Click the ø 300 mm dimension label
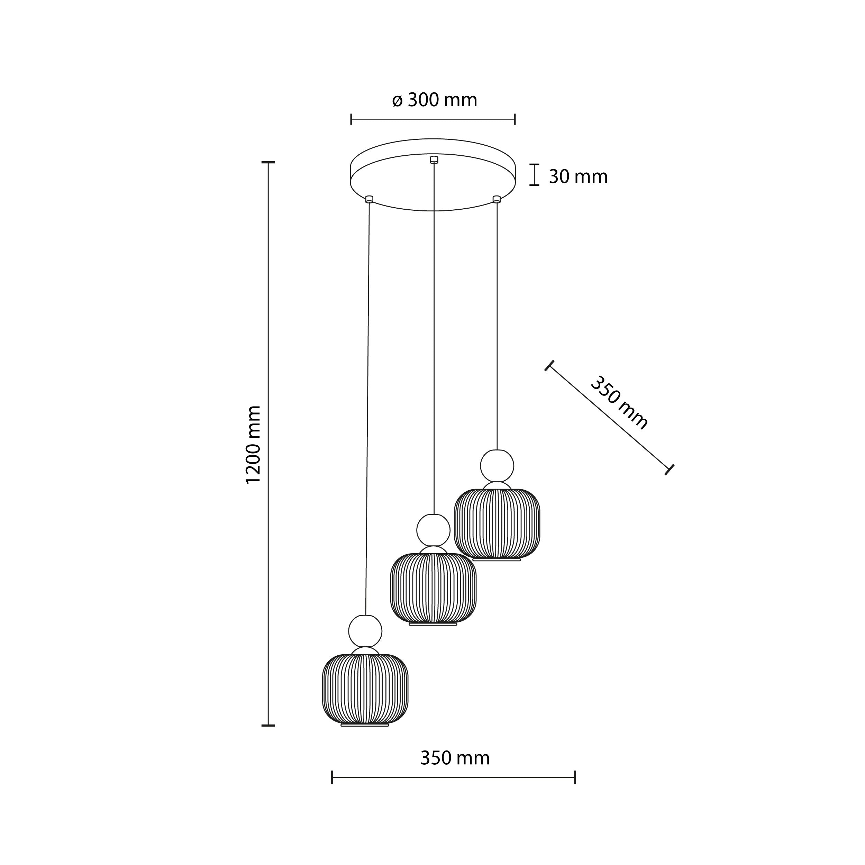click(434, 100)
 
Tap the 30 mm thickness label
click(578, 177)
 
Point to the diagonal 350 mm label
click(619, 403)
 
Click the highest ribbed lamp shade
click(497, 523)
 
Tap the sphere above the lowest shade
click(365, 631)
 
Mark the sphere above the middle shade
click(433, 530)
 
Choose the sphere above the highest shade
click(497, 466)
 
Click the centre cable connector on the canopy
click(434, 160)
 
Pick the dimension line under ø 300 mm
click(432, 119)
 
